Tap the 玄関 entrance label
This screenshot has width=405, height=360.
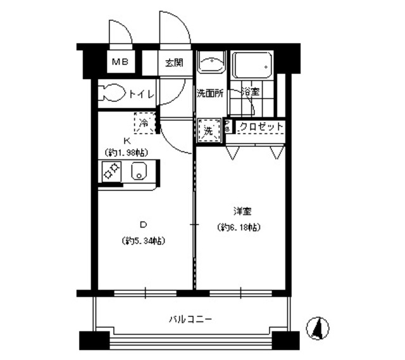tap(174, 62)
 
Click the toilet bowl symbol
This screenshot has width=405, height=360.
tap(113, 93)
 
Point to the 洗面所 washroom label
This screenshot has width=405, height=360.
tap(209, 93)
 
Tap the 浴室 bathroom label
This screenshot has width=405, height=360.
tap(249, 92)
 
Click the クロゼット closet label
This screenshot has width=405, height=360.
tap(261, 127)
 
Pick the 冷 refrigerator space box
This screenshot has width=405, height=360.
tap(144, 123)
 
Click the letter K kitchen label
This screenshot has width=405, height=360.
tap(127, 140)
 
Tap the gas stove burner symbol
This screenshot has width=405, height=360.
tap(111, 171)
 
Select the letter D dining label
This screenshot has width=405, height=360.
tap(143, 224)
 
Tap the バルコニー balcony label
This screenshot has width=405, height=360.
tap(190, 320)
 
